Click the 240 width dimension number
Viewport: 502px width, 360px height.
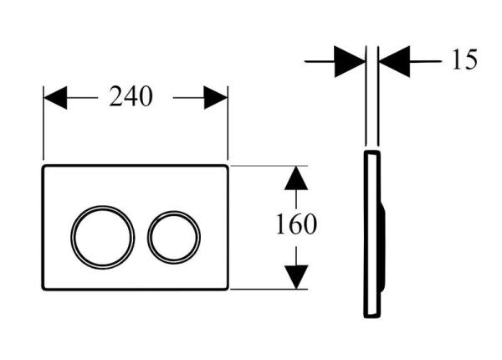131,97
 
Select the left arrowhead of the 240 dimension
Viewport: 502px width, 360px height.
55,97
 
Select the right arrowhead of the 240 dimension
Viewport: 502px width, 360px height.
216,97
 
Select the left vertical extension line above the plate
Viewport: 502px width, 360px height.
44,126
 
